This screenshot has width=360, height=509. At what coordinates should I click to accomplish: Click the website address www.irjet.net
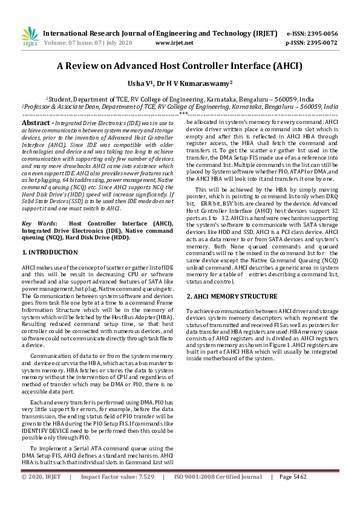point(174,44)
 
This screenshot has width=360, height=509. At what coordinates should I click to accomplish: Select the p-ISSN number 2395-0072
point(322,44)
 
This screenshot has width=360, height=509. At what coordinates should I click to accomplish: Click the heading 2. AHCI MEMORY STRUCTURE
point(232,296)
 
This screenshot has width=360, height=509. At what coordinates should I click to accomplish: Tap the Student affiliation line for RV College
point(180,99)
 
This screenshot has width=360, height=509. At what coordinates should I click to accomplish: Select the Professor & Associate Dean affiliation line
point(180,106)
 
